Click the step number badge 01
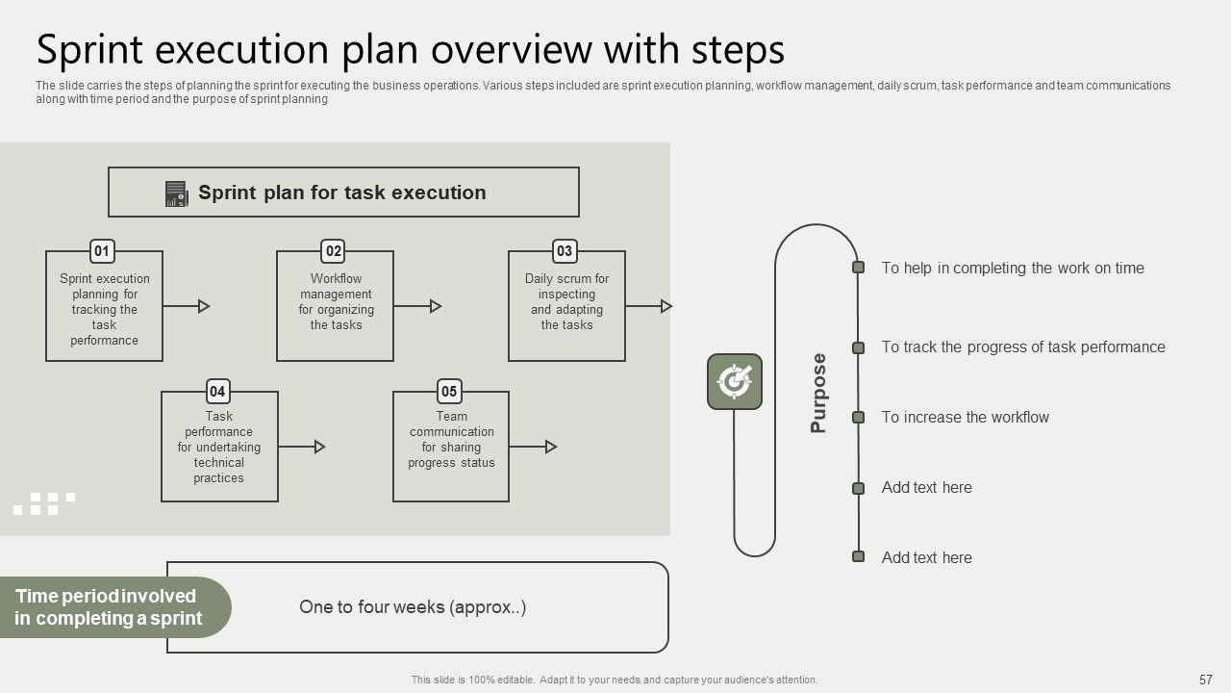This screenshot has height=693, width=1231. [102, 251]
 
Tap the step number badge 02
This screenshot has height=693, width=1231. [333, 251]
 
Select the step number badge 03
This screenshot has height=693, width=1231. [565, 251]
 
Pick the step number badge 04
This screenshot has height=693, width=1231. [217, 392]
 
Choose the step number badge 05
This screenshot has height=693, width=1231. [449, 392]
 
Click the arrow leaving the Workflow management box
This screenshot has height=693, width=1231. [417, 306]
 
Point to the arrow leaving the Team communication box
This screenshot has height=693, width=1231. [533, 447]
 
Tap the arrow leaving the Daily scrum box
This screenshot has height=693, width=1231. [649, 306]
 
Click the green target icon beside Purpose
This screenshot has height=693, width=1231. [735, 382]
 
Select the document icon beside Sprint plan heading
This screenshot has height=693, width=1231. [176, 193]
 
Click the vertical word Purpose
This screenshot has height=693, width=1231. [818, 393]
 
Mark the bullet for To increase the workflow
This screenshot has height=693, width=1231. [858, 418]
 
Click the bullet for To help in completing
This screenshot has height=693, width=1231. [858, 268]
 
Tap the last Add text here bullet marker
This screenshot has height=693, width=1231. [858, 556]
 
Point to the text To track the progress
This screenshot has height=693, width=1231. [1023, 347]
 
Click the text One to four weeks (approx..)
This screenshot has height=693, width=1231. [413, 607]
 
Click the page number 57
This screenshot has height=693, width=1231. [1205, 680]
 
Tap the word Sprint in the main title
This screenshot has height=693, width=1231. [89, 50]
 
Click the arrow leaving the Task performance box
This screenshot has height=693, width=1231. [302, 447]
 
